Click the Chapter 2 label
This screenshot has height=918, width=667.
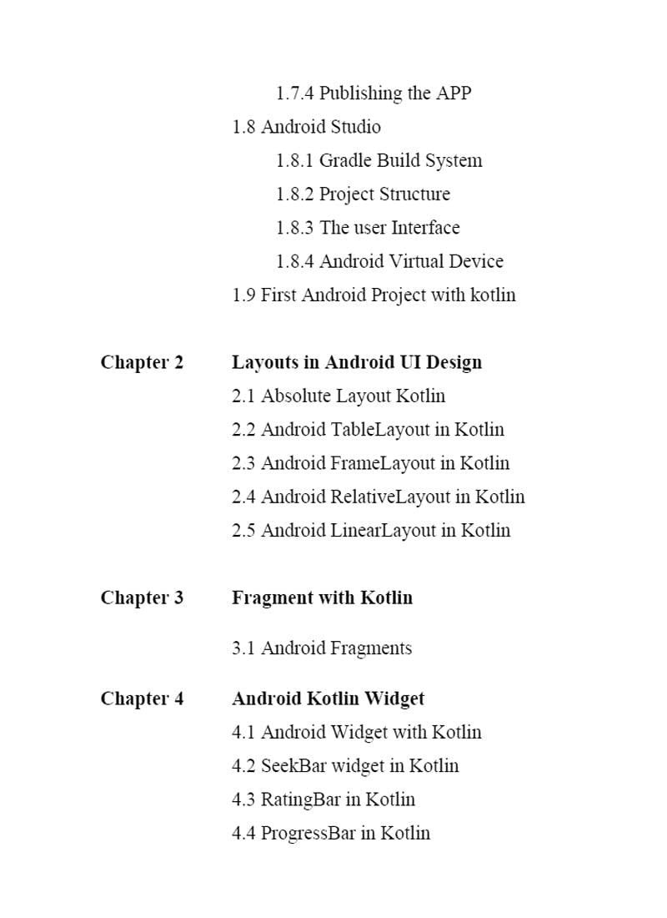coord(142,362)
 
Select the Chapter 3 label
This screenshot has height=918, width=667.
coord(142,598)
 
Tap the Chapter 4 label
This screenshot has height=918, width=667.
coord(142,699)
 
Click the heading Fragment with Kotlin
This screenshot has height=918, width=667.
coord(322,598)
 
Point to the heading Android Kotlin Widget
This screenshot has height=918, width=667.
coord(328,699)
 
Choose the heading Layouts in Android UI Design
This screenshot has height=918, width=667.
coord(357,362)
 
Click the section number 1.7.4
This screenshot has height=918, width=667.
coord(295,93)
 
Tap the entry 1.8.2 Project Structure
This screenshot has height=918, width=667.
coord(363,194)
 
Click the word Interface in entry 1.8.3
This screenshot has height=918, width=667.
coord(425,228)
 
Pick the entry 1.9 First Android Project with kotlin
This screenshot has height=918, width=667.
coord(374,295)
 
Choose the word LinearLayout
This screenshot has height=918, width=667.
coord(383,530)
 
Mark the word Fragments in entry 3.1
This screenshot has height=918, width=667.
coord(371,648)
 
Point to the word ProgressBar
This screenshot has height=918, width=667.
coord(308,833)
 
